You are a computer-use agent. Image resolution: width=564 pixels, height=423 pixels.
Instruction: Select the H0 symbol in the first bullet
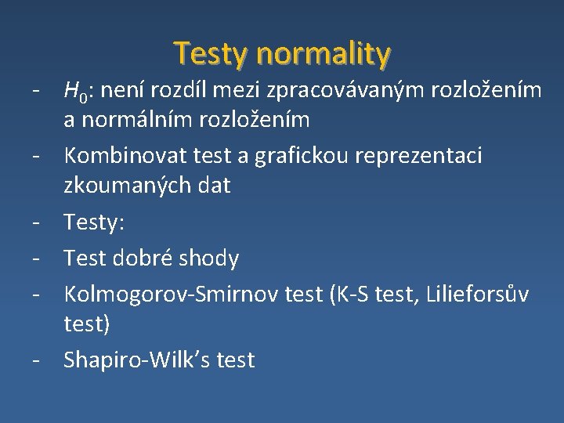pos(77,92)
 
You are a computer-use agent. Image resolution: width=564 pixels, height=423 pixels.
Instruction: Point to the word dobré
pos(157,257)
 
